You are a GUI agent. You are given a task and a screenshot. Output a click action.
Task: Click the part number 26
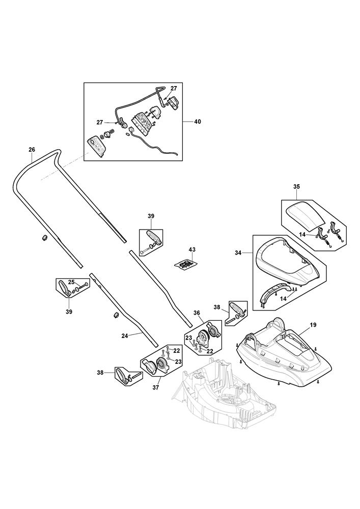32,150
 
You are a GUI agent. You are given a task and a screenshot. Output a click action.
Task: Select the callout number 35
297,187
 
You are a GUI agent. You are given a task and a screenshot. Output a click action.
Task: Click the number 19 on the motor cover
313,324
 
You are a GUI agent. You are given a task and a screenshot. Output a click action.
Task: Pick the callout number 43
191,250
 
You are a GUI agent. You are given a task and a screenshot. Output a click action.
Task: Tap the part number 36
197,313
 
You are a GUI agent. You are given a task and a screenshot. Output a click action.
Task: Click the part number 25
71,281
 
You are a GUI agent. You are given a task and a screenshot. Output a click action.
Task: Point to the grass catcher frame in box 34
288,260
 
